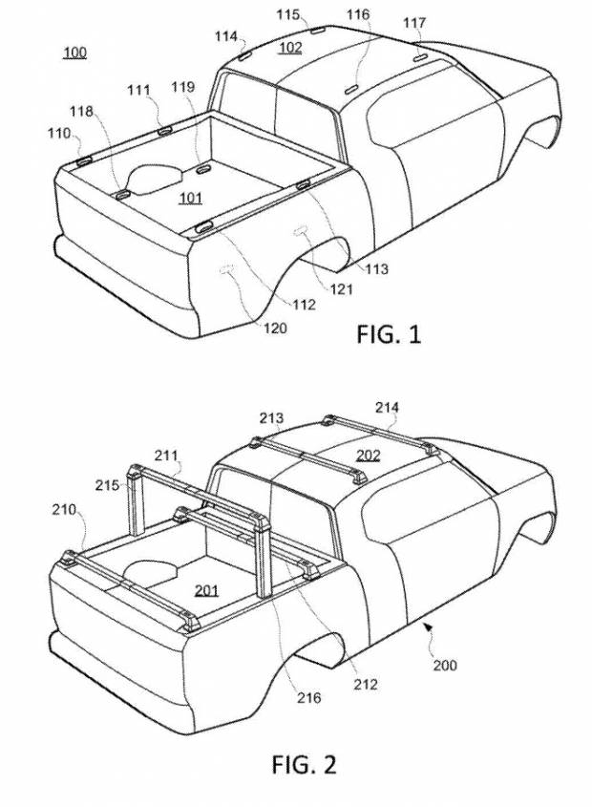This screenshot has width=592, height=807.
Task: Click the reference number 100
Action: [74, 52]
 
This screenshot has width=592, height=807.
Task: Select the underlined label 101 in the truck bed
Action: [191, 199]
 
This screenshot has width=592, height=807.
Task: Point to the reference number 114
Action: [226, 36]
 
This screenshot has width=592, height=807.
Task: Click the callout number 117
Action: [414, 22]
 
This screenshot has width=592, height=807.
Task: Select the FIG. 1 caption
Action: [389, 334]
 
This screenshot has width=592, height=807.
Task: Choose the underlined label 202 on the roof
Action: [369, 455]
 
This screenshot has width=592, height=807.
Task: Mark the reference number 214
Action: [387, 409]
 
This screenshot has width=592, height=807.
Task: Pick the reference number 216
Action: [307, 698]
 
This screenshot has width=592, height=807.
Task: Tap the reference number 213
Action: [271, 417]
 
